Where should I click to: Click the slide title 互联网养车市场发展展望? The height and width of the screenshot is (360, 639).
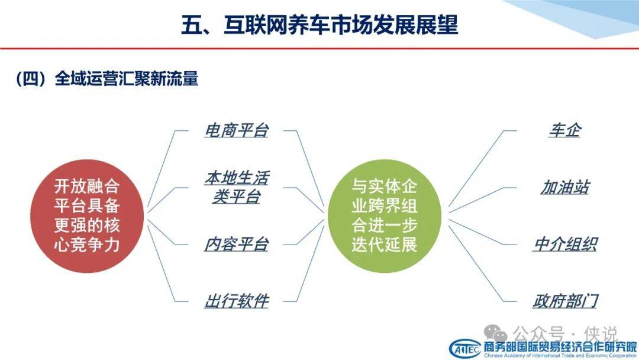click(320, 24)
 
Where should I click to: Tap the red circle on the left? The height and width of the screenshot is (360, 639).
click(87, 216)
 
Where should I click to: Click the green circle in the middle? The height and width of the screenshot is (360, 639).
click(385, 216)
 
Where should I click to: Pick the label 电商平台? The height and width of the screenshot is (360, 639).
click(236, 130)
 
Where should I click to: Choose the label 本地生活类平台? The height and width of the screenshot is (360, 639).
click(236, 188)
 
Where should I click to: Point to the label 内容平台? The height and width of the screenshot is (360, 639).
click(236, 245)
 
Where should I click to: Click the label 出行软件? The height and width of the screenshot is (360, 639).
click(236, 301)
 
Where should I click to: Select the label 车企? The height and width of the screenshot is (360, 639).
click(565, 130)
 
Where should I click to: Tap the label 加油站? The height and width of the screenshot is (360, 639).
click(565, 188)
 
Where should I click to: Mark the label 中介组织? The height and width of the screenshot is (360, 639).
click(565, 245)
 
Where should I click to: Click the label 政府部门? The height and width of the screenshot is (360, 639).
click(565, 301)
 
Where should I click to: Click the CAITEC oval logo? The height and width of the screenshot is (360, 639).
click(465, 349)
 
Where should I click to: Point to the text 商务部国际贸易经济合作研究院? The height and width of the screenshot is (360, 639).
click(560, 347)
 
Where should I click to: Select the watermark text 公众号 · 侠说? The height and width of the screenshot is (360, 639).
click(565, 334)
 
